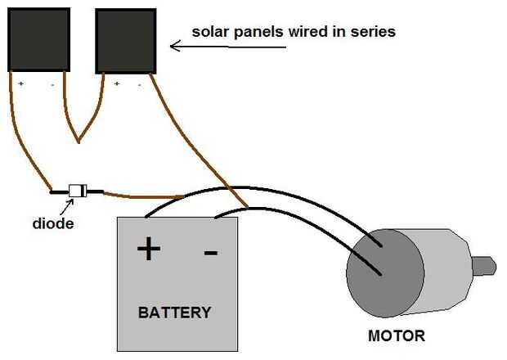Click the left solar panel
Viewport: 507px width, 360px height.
pyautogui.click(x=38, y=39)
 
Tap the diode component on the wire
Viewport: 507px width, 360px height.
pyautogui.click(x=77, y=191)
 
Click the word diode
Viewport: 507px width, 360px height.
pyautogui.click(x=53, y=223)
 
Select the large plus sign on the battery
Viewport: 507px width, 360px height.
pyautogui.click(x=148, y=248)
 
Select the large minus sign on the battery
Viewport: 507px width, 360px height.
pyautogui.click(x=210, y=251)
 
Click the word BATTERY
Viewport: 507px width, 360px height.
pyautogui.click(x=174, y=312)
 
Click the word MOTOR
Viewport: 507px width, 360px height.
pyautogui.click(x=397, y=335)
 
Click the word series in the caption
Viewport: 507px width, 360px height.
pyautogui.click(x=375, y=32)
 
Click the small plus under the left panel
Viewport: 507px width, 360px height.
pyautogui.click(x=20, y=83)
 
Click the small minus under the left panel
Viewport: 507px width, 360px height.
pyautogui.click(x=52, y=83)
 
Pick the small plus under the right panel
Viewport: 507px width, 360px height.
pyautogui.click(x=117, y=83)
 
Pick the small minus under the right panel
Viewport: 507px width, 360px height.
pyautogui.click(x=140, y=83)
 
